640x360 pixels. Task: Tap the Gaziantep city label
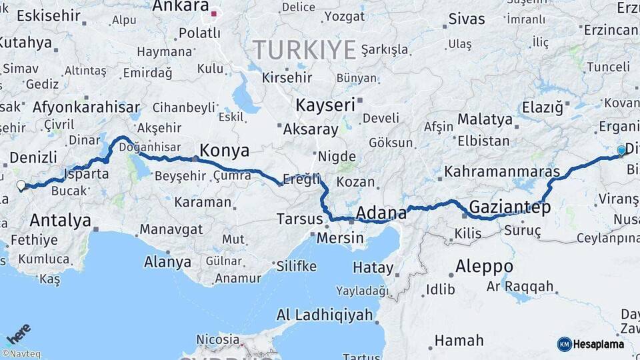click(x=510, y=207)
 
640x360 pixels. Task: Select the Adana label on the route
click(x=381, y=213)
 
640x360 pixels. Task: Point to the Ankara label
click(x=180, y=7)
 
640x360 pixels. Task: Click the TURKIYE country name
click(x=304, y=49)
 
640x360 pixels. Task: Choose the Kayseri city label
click(x=325, y=105)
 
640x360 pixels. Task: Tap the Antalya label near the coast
click(x=61, y=220)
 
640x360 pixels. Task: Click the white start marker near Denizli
click(x=21, y=186)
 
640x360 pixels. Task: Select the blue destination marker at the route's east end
click(x=621, y=151)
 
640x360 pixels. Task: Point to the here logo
click(x=18, y=333)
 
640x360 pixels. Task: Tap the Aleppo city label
click(x=484, y=267)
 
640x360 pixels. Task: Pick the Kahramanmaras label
click(x=501, y=171)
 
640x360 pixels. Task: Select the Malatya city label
click(x=485, y=120)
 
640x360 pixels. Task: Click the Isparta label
click(x=85, y=175)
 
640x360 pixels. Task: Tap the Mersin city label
click(x=340, y=238)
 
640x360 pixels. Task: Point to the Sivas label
click(x=466, y=19)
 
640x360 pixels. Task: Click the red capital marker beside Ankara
click(x=213, y=13)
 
